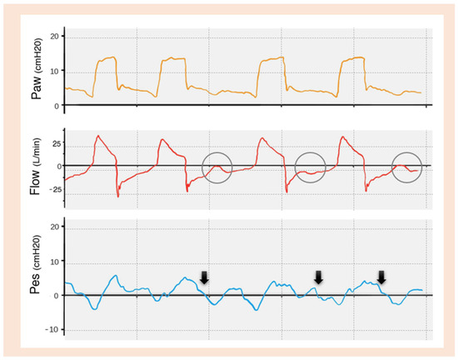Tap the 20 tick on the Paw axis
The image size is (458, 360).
(54, 37)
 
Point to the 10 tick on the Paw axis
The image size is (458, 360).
(54, 71)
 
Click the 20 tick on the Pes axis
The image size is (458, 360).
(54, 227)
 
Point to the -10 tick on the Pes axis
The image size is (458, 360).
(52, 330)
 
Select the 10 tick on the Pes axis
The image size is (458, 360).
(54, 261)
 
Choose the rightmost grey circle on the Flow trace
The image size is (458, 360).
(408, 167)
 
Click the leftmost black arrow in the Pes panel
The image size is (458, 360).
(205, 277)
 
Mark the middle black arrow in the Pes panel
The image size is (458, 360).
(317, 277)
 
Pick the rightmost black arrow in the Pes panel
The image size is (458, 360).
(381, 277)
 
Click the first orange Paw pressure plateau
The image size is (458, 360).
(106, 59)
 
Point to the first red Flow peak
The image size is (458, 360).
(98, 136)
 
